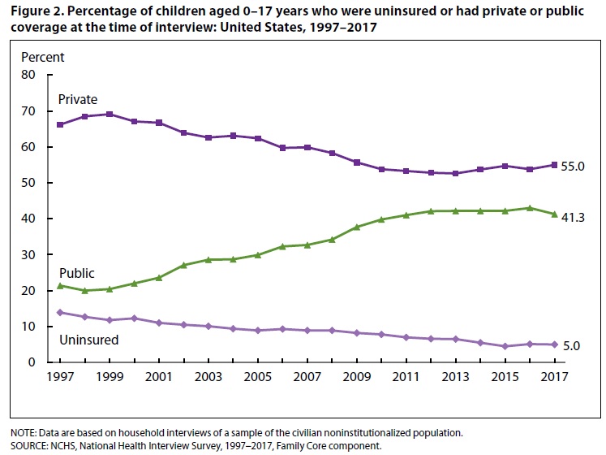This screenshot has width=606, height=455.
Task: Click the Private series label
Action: (x=77, y=99)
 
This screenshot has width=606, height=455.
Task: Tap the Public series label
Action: (x=76, y=273)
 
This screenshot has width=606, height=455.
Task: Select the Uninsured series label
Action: (x=88, y=340)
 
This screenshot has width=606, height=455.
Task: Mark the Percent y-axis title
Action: (x=42, y=57)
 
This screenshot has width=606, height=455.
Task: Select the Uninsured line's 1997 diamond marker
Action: (x=59, y=312)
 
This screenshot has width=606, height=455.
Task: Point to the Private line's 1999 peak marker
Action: (x=109, y=114)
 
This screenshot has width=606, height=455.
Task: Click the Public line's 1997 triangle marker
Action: (x=59, y=285)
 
